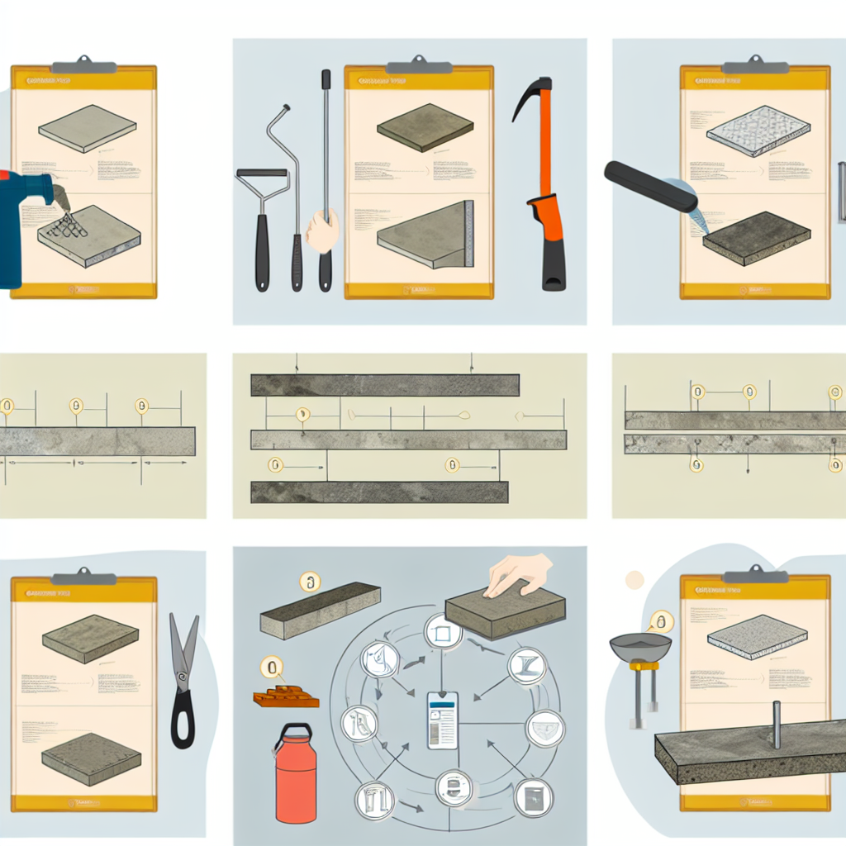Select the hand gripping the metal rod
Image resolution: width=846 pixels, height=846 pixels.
point(322,230)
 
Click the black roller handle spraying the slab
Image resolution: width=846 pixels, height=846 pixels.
point(649,186)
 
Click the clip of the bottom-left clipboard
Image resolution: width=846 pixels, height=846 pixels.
point(83,577)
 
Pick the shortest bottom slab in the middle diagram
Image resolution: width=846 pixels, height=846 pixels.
point(378,492)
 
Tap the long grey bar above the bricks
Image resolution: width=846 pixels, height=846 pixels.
point(320,610)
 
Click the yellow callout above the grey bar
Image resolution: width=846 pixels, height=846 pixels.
point(310,583)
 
